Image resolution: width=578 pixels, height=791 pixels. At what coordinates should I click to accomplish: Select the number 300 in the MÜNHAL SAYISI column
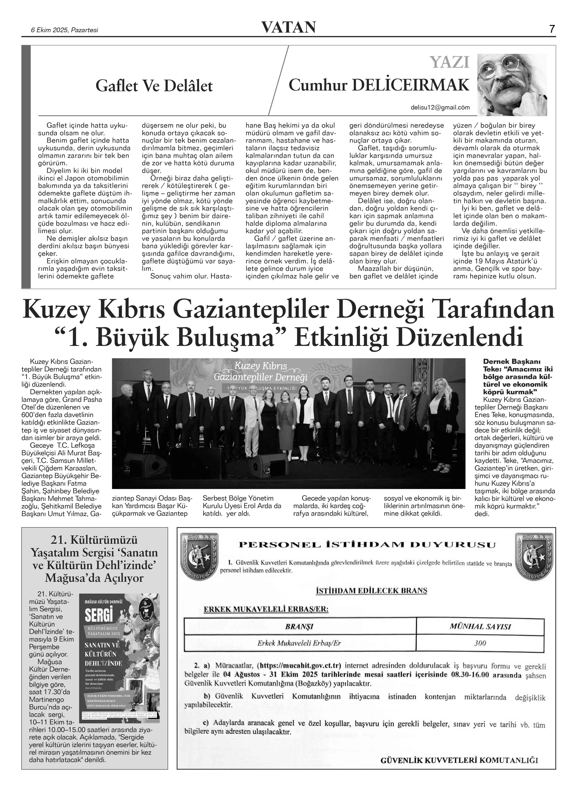480,643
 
